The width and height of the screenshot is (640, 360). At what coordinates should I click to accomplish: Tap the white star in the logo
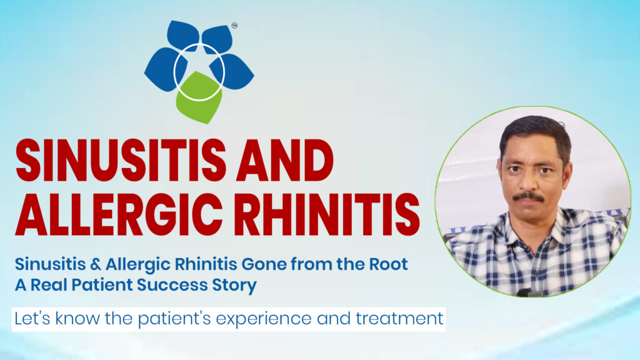pos(199,67)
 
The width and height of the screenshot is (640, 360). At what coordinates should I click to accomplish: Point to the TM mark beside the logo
pos(234,26)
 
